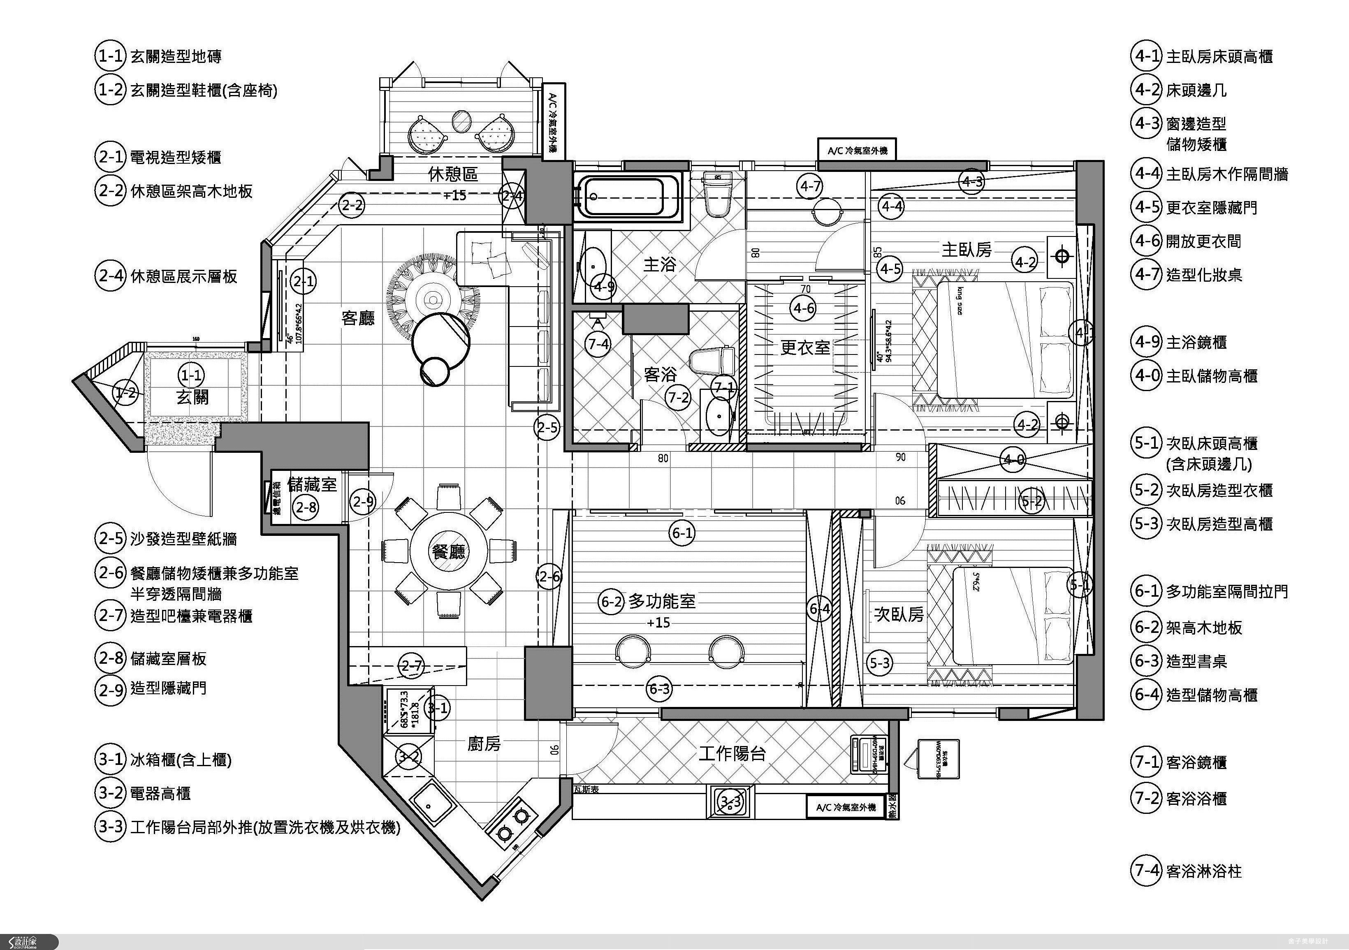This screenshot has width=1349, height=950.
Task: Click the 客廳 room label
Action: tap(358, 318)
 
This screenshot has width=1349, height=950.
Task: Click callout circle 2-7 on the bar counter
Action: tap(411, 666)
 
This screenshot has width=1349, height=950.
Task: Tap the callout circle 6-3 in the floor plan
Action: tap(659, 688)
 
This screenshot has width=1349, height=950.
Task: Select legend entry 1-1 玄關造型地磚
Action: tap(159, 56)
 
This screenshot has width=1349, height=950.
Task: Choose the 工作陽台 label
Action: tap(732, 753)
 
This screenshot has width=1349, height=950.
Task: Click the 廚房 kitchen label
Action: tap(484, 744)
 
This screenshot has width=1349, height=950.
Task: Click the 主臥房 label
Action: tap(967, 250)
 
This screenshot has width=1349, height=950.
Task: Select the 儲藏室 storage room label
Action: tap(312, 485)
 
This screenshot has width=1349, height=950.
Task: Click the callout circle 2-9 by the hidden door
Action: tap(362, 501)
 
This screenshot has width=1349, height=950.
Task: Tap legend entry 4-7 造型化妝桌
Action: tap(1187, 274)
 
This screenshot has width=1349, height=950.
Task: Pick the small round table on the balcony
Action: tap(462, 119)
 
